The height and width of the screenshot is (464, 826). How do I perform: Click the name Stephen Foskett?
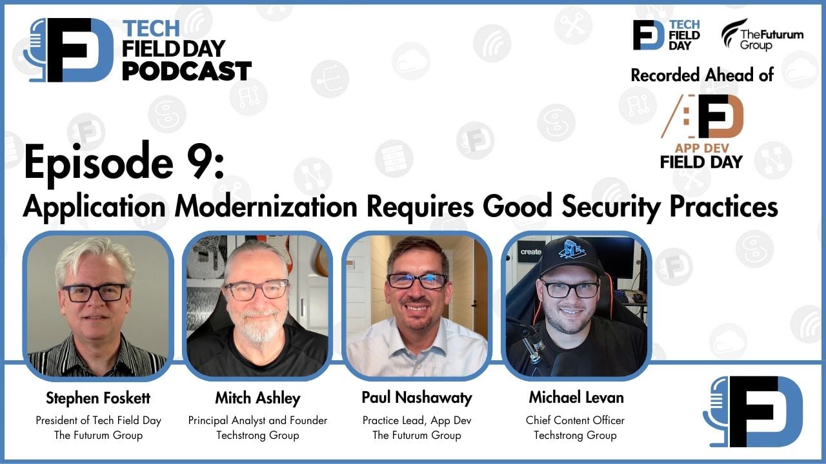(x=98, y=398)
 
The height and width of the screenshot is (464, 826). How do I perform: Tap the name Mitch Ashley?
(x=257, y=398)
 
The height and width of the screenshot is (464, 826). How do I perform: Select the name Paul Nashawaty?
(x=416, y=398)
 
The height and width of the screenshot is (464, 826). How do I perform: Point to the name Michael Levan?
(x=576, y=398)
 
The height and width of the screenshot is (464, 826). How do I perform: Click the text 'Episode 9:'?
(x=124, y=162)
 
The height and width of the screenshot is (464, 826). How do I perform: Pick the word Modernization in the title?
(x=266, y=206)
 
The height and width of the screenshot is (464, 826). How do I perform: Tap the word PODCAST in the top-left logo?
(x=186, y=71)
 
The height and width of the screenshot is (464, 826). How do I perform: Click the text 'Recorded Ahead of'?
(x=702, y=75)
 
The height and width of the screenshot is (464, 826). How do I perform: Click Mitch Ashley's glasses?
(x=257, y=289)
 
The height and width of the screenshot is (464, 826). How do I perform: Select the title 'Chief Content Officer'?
(x=575, y=420)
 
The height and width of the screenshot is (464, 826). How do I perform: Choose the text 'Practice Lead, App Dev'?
(x=417, y=420)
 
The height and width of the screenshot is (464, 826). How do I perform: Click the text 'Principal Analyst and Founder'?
(x=257, y=420)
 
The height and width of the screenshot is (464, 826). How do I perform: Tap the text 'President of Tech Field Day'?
(x=98, y=420)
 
